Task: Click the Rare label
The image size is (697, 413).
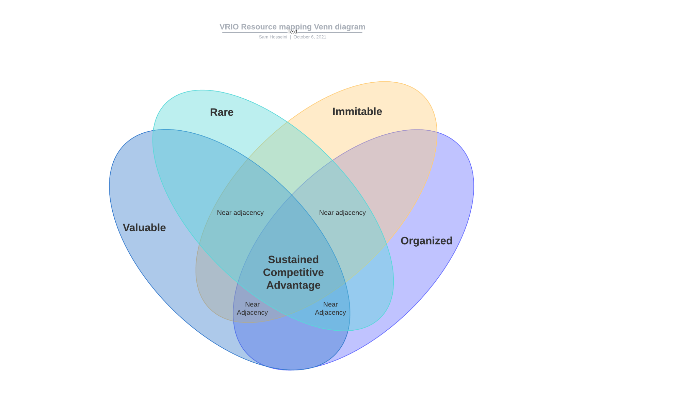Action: [222, 112]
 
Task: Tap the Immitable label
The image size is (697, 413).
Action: [357, 112]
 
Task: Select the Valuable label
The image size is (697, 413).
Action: [144, 228]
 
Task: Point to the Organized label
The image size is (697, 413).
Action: [426, 241]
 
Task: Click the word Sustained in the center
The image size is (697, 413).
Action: [293, 260]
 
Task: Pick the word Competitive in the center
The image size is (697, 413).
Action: [293, 272]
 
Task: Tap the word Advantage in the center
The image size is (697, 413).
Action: [293, 285]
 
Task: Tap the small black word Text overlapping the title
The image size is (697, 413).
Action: [292, 32]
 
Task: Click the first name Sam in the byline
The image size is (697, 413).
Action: [263, 37]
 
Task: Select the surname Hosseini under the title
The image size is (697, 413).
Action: [278, 37]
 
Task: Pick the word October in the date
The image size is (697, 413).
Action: [302, 37]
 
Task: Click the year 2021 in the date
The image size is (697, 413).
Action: [321, 37]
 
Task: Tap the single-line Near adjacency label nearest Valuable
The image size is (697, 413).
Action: [240, 213]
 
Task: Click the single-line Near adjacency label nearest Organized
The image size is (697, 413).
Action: [342, 213]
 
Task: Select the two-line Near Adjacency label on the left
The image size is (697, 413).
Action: [252, 309]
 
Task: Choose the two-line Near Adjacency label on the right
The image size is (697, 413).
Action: [330, 309]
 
